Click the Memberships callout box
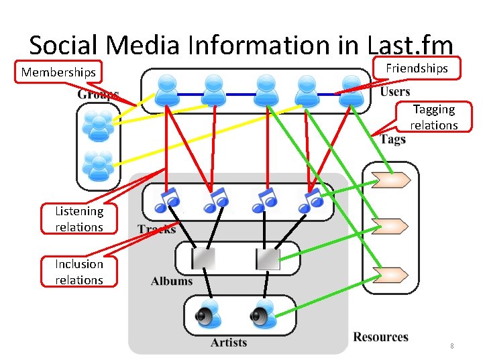pyautogui.click(x=58, y=72)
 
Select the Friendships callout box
pyautogui.click(x=416, y=68)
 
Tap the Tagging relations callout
pyautogui.click(x=433, y=117)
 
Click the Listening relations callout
pyautogui.click(x=79, y=219)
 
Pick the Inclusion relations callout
pyautogui.click(x=79, y=271)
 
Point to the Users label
pyautogui.click(x=395, y=92)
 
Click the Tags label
pyautogui.click(x=393, y=139)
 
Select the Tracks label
pyautogui.click(x=156, y=229)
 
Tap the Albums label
pyautogui.click(x=172, y=281)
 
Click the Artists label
pyautogui.click(x=229, y=343)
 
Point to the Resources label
pyautogui.click(x=380, y=337)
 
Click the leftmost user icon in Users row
pyautogui.click(x=167, y=90)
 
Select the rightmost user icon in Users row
pyautogui.click(x=351, y=90)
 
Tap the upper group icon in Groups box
pyautogui.click(x=99, y=126)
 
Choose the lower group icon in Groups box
pyautogui.click(x=99, y=166)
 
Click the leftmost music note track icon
pyautogui.click(x=167, y=199)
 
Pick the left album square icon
pyautogui.click(x=203, y=258)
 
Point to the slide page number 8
pyautogui.click(x=452, y=346)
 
